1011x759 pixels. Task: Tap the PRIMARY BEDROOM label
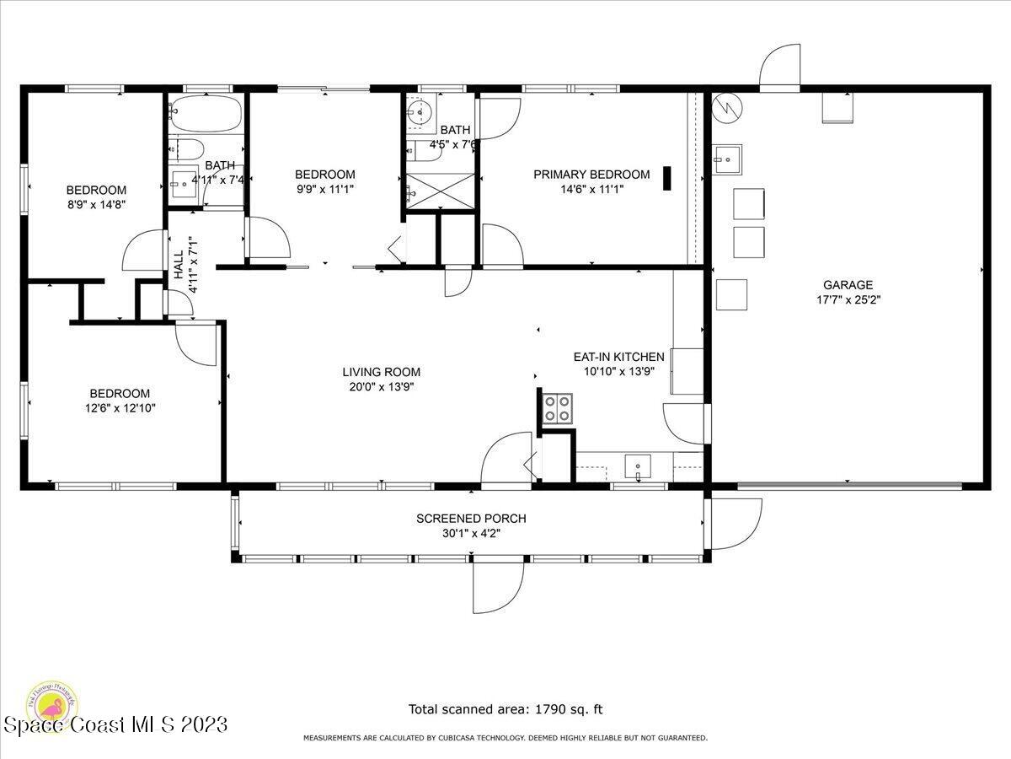pyautogui.click(x=591, y=175)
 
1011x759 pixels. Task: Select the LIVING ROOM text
pyautogui.click(x=381, y=372)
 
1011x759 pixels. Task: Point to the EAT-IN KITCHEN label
pyautogui.click(x=624, y=357)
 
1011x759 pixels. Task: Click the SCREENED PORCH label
pyautogui.click(x=471, y=519)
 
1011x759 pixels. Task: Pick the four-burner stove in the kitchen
pyautogui.click(x=554, y=408)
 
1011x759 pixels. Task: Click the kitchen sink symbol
pyautogui.click(x=638, y=466)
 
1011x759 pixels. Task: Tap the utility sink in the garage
pyautogui.click(x=725, y=157)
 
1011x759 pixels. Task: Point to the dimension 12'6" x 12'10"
pyautogui.click(x=120, y=408)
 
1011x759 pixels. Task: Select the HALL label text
pyautogui.click(x=179, y=265)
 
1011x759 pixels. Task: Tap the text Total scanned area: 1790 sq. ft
pyautogui.click(x=505, y=709)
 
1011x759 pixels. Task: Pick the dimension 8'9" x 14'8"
pyautogui.click(x=96, y=205)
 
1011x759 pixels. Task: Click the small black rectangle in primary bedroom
pyautogui.click(x=667, y=178)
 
